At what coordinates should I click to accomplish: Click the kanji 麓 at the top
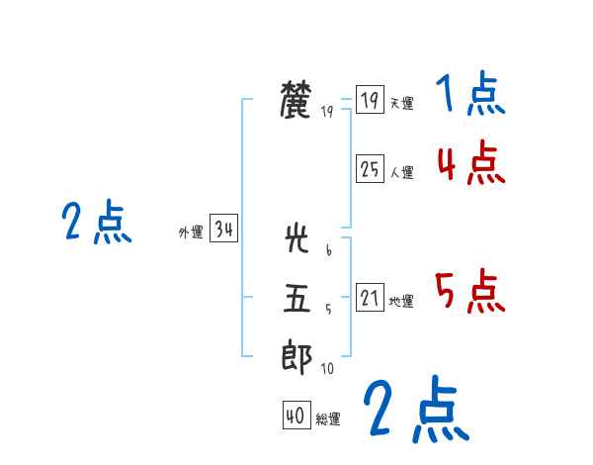(x=296, y=101)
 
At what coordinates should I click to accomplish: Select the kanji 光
(x=296, y=240)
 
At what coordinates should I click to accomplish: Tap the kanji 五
(x=296, y=298)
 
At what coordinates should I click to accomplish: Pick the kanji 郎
(x=296, y=357)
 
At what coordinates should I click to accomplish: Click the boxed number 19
(x=370, y=100)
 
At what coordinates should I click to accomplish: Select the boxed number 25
(x=370, y=169)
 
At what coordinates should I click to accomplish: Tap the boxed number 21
(x=370, y=298)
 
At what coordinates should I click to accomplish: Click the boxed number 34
(x=223, y=230)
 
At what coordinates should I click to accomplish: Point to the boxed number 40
(x=295, y=417)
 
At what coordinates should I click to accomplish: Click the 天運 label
(x=401, y=103)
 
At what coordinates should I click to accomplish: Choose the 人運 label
(x=401, y=172)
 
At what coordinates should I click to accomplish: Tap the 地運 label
(x=401, y=301)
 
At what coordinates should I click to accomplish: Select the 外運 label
(x=191, y=232)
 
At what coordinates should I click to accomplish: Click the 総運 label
(x=328, y=419)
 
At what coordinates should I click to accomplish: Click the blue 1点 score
(x=469, y=96)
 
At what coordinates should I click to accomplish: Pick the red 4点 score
(x=470, y=162)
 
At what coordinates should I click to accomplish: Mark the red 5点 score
(x=469, y=291)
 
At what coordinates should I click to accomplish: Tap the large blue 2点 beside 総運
(x=415, y=410)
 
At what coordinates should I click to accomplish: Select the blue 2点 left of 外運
(x=96, y=223)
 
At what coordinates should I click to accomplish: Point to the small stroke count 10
(x=327, y=369)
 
